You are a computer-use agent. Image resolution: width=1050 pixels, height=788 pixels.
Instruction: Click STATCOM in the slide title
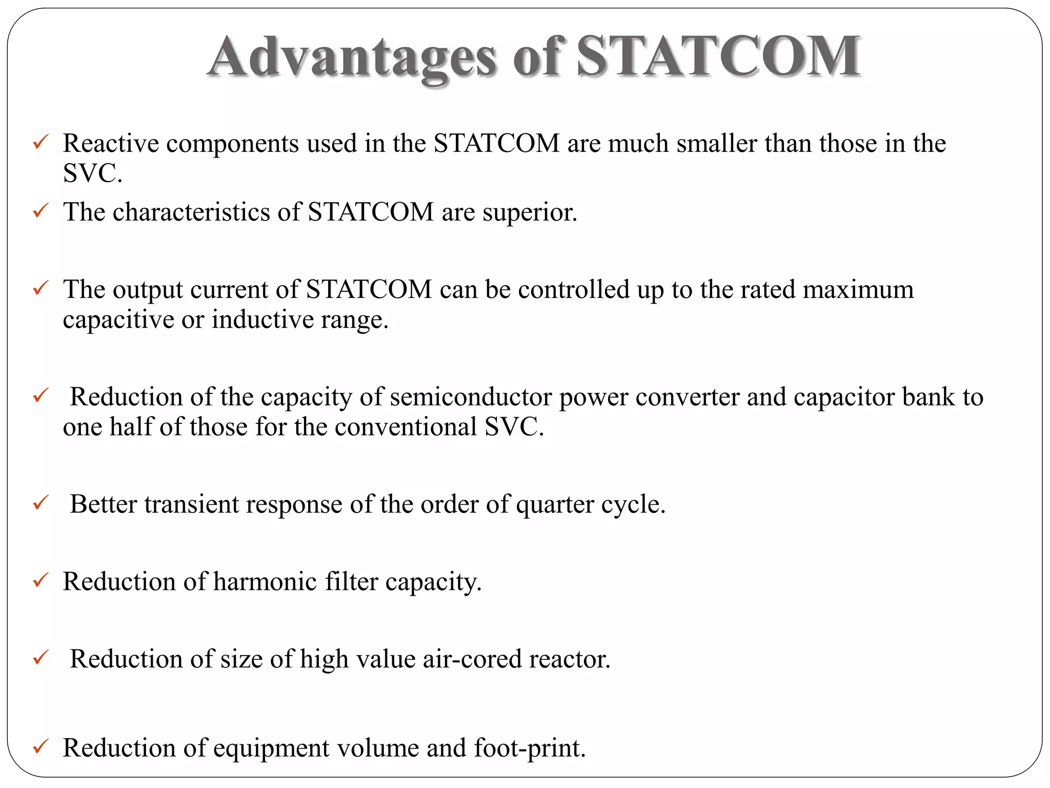718,56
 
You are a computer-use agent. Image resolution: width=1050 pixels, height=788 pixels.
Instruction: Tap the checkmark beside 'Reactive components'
41,142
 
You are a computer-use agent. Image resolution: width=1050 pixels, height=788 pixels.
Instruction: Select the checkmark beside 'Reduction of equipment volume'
41,746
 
